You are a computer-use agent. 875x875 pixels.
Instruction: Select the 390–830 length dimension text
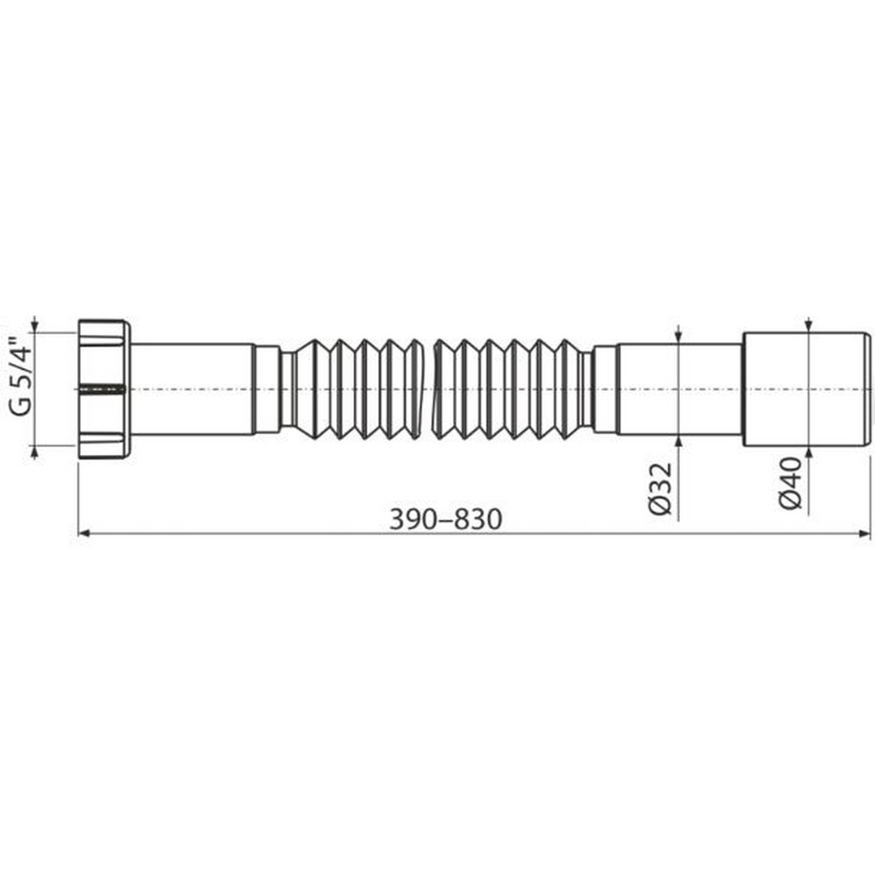tap(446, 519)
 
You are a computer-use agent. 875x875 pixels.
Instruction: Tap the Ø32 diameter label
tap(662, 490)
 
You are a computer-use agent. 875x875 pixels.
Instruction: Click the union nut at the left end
tap(104, 388)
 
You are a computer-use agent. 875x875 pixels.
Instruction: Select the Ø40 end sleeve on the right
tap(806, 388)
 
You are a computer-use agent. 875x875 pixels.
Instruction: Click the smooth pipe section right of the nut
tap(192, 388)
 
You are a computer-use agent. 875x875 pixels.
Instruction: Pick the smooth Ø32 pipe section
tap(679, 388)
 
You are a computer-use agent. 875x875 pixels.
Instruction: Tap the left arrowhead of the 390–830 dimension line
tap(84, 532)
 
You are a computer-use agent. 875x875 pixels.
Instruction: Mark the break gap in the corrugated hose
tap(429, 388)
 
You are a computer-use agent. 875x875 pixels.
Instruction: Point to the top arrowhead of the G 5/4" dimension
tap(35, 326)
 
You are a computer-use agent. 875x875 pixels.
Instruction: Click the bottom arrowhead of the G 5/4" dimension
tap(35, 450)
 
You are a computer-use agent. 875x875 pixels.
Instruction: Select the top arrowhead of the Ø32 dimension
tap(679, 338)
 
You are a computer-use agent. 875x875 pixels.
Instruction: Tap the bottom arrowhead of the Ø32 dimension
tap(679, 439)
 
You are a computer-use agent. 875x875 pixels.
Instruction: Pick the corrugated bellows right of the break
tap(507, 388)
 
